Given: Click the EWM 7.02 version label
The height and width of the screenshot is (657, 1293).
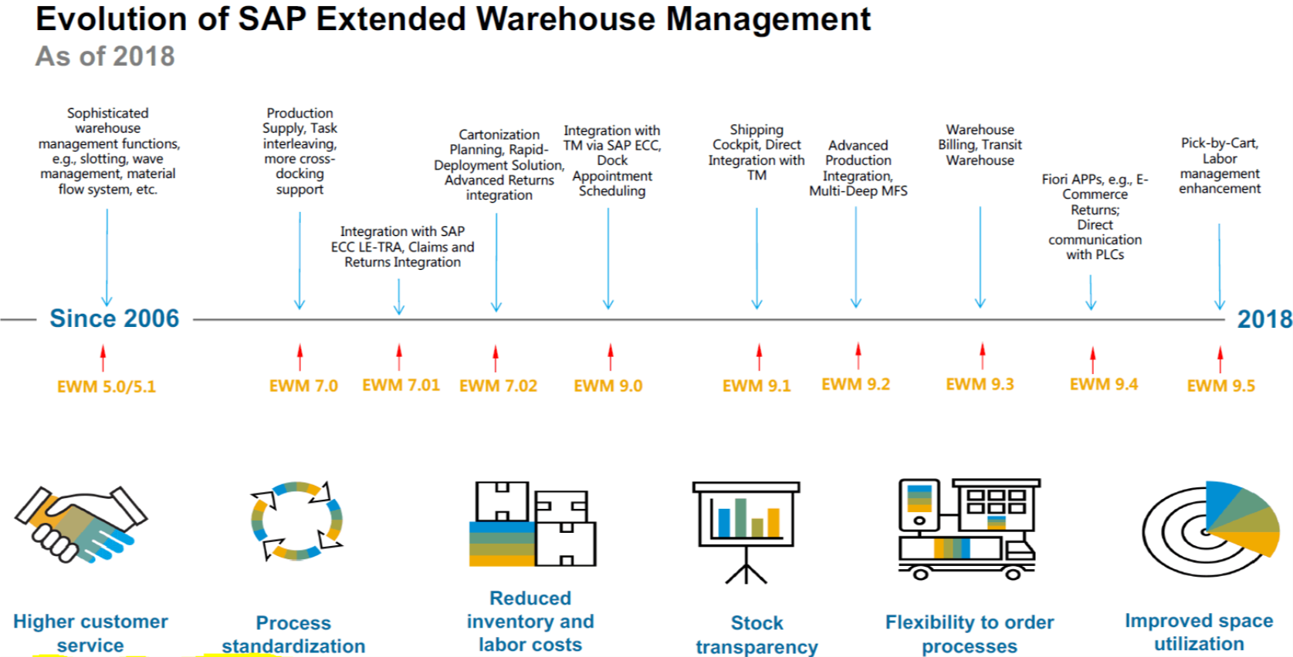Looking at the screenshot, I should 498,386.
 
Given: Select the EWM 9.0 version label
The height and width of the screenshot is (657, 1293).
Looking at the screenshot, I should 608,386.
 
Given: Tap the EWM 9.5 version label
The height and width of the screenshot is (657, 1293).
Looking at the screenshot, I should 1220,386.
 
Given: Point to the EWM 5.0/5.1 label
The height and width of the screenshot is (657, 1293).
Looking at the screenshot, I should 107,386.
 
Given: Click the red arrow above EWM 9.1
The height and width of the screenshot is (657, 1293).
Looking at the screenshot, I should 759,357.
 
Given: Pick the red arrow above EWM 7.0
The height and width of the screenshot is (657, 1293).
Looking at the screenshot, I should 300,357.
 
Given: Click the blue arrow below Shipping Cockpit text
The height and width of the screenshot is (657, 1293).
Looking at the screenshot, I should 757,258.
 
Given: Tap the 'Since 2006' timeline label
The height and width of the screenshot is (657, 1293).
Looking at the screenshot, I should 114,318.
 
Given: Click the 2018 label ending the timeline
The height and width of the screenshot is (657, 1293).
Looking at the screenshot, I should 1264,319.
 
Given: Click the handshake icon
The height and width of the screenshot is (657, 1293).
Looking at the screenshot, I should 80,524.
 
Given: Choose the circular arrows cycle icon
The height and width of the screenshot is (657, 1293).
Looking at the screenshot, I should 296,521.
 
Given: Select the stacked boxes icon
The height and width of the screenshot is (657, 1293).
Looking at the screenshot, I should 533,524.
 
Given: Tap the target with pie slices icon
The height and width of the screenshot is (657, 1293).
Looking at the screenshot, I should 1210,528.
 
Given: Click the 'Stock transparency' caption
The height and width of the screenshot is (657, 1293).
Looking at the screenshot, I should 757,634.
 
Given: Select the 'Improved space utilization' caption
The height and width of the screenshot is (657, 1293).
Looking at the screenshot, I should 1199,632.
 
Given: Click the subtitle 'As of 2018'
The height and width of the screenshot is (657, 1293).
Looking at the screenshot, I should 105,56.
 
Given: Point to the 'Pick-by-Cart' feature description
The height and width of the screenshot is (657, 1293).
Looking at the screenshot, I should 1220,166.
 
